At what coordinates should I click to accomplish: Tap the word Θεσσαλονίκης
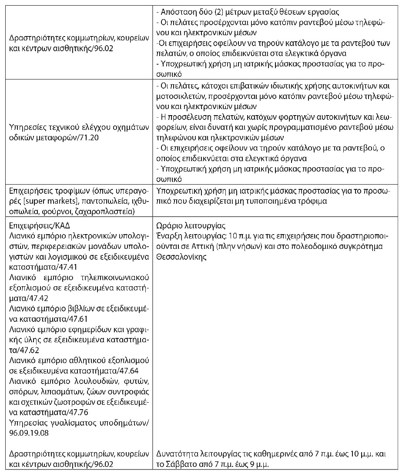click(180, 256)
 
